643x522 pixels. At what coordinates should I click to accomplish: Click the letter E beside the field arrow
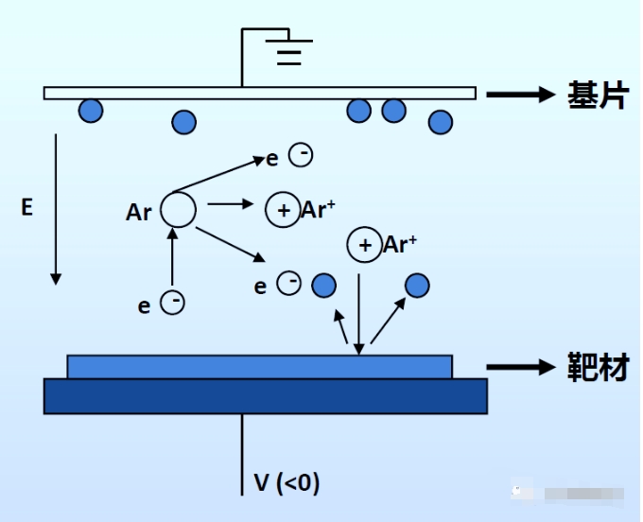pos(26,207)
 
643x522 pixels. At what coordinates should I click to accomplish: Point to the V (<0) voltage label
pos(287,483)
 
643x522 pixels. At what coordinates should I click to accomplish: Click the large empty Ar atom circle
pos(178,209)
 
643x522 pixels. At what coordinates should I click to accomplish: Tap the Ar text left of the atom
pos(139,212)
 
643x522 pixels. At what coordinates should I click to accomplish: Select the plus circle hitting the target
pos(364,245)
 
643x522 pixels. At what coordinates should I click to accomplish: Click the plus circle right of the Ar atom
pos(282,210)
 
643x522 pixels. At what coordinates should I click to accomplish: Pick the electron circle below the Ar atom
pos(173,303)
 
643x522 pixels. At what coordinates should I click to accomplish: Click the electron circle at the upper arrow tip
pos(301,155)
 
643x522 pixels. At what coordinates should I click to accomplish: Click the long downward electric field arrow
pos(56,208)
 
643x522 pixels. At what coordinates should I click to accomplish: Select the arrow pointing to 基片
pos(519,95)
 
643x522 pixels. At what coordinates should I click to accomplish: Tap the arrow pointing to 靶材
pos(519,368)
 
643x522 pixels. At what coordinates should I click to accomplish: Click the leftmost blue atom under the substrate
pos(91,111)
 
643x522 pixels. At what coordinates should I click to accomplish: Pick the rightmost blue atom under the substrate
pos(440,122)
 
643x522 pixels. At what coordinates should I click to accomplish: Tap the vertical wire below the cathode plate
pos(242,454)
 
